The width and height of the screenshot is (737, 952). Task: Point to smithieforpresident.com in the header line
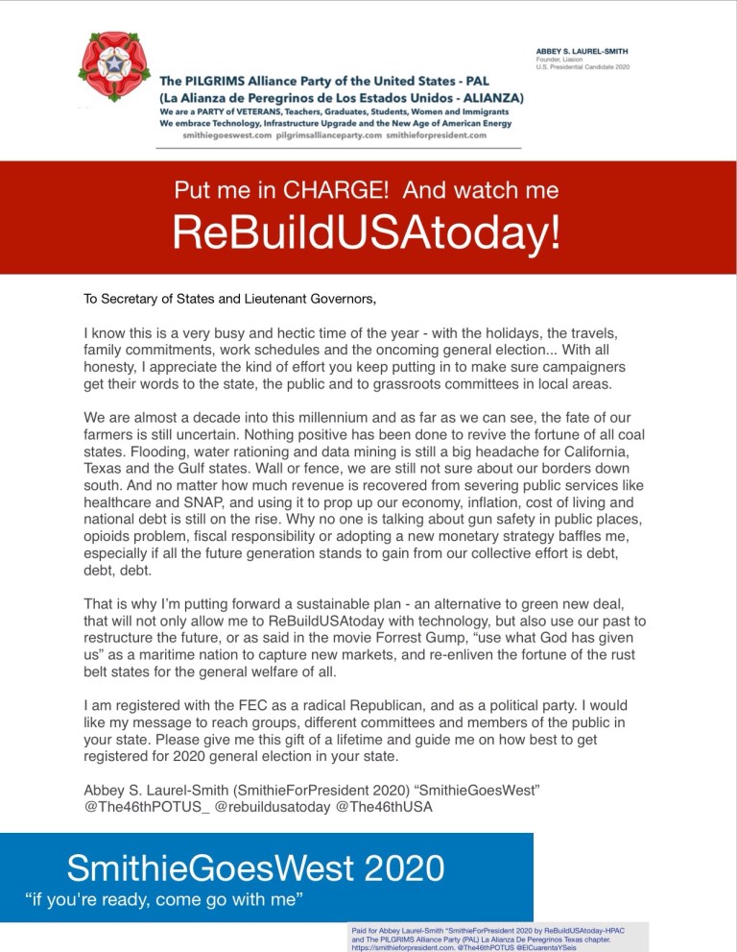point(437,135)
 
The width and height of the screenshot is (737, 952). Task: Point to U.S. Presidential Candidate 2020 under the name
point(587,69)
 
